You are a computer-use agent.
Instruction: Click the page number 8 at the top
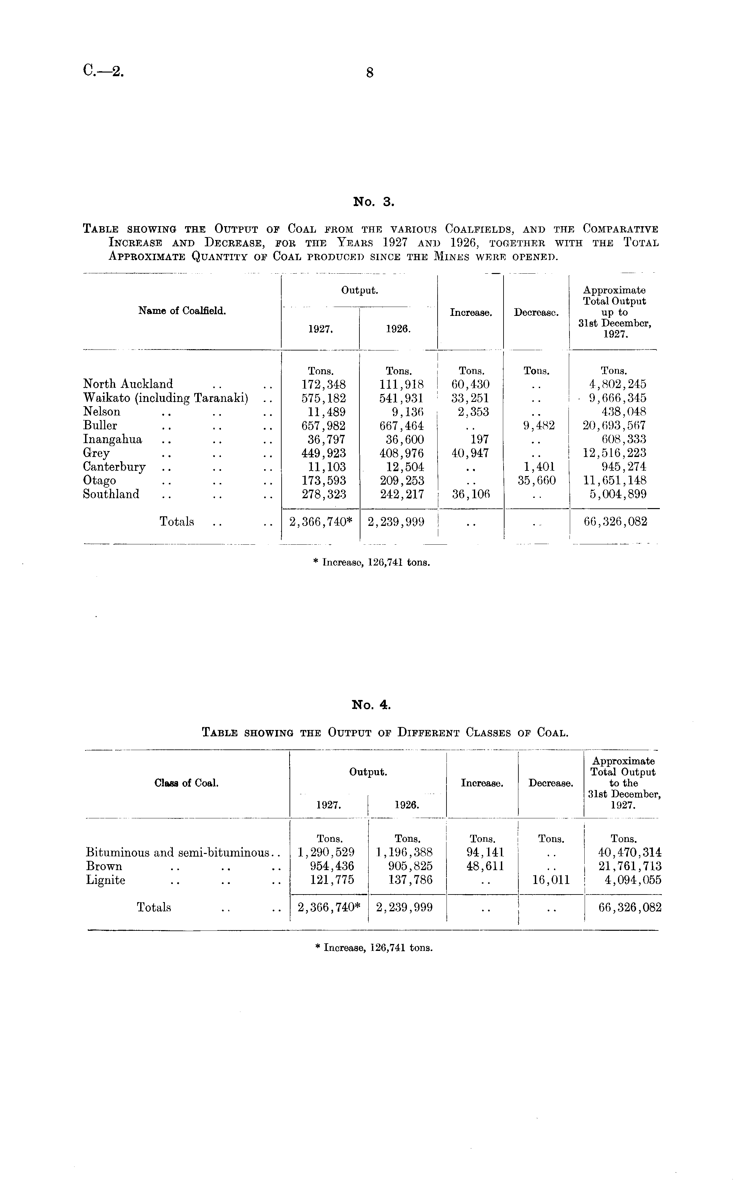(369, 73)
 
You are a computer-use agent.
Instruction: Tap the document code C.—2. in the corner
(103, 72)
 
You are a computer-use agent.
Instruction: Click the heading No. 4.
(371, 705)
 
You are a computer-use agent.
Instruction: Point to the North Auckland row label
(128, 384)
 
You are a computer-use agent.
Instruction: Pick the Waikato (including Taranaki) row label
(166, 398)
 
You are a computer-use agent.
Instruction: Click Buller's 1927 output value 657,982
(324, 426)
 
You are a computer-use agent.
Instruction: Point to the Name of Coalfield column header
(182, 311)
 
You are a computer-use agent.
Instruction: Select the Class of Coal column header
(186, 783)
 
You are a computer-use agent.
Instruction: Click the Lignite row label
(106, 880)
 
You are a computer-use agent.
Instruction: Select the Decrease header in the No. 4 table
(551, 783)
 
